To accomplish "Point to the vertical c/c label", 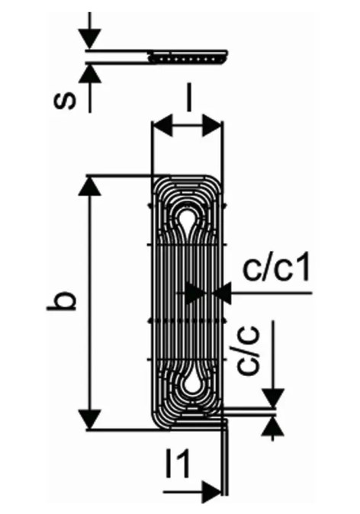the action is coord(248,351).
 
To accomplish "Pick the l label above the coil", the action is coord(188,98).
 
